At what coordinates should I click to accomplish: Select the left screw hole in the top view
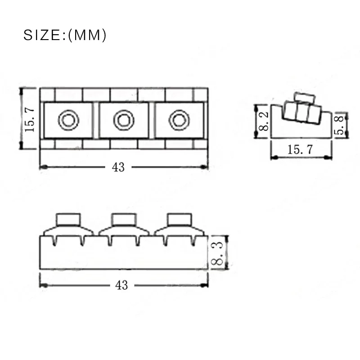coord(68,120)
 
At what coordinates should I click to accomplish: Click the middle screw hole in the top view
coord(123,120)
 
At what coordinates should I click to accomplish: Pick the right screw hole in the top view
coord(179,120)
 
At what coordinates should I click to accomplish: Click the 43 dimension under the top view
coord(118,167)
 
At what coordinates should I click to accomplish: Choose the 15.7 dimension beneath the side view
coord(300,150)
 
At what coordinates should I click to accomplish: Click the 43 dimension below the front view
coord(121,285)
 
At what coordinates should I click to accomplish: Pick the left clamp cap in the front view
coord(68,219)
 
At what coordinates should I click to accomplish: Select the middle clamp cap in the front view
coord(123,219)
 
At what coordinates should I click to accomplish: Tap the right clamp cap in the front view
coord(179,219)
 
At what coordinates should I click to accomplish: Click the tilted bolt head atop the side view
coord(302,98)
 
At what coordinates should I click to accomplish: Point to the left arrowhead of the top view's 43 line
coord(43,167)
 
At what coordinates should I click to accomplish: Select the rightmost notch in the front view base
coord(193,242)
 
